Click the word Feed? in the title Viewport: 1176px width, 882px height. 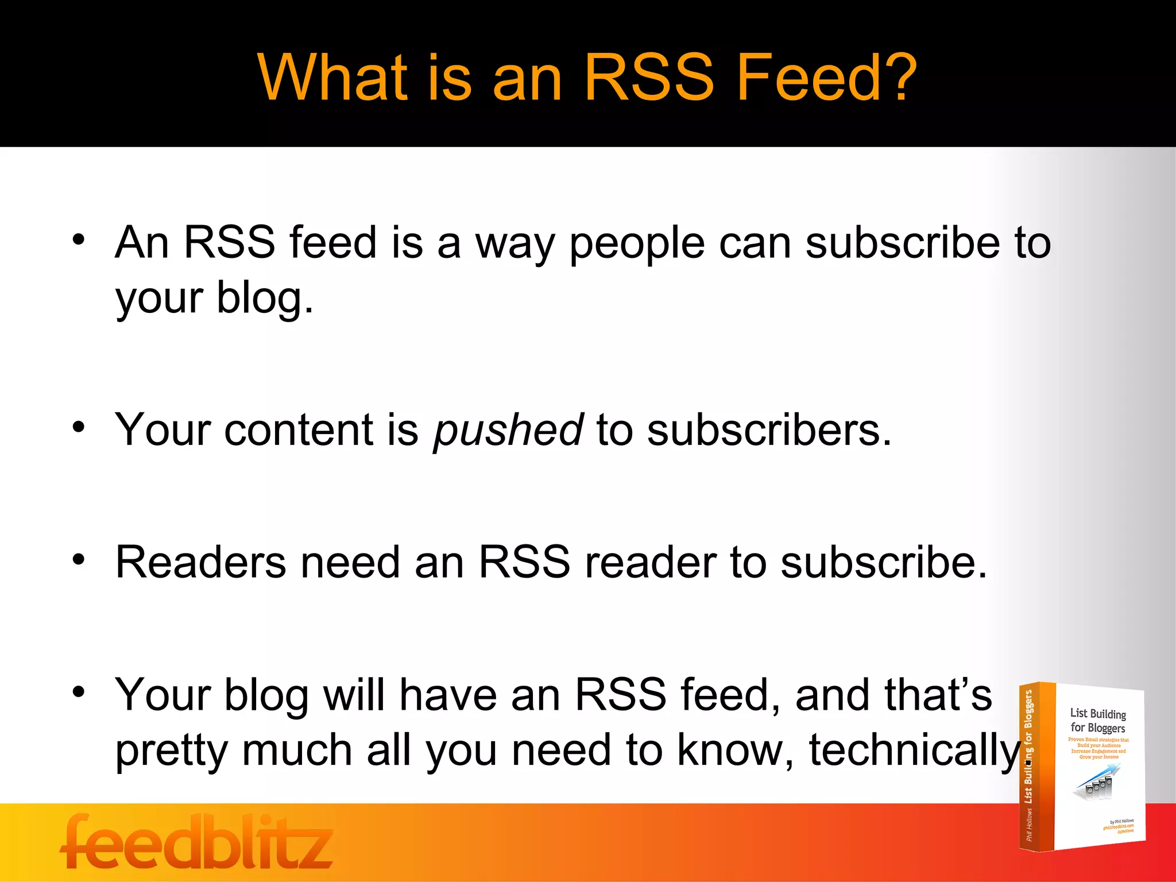point(827,78)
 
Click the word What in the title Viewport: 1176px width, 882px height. point(333,78)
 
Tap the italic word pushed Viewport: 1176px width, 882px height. point(508,431)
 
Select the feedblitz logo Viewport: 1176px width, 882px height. point(196,842)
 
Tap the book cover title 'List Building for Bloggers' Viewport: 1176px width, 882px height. point(1097,721)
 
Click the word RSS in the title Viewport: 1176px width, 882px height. point(649,78)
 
